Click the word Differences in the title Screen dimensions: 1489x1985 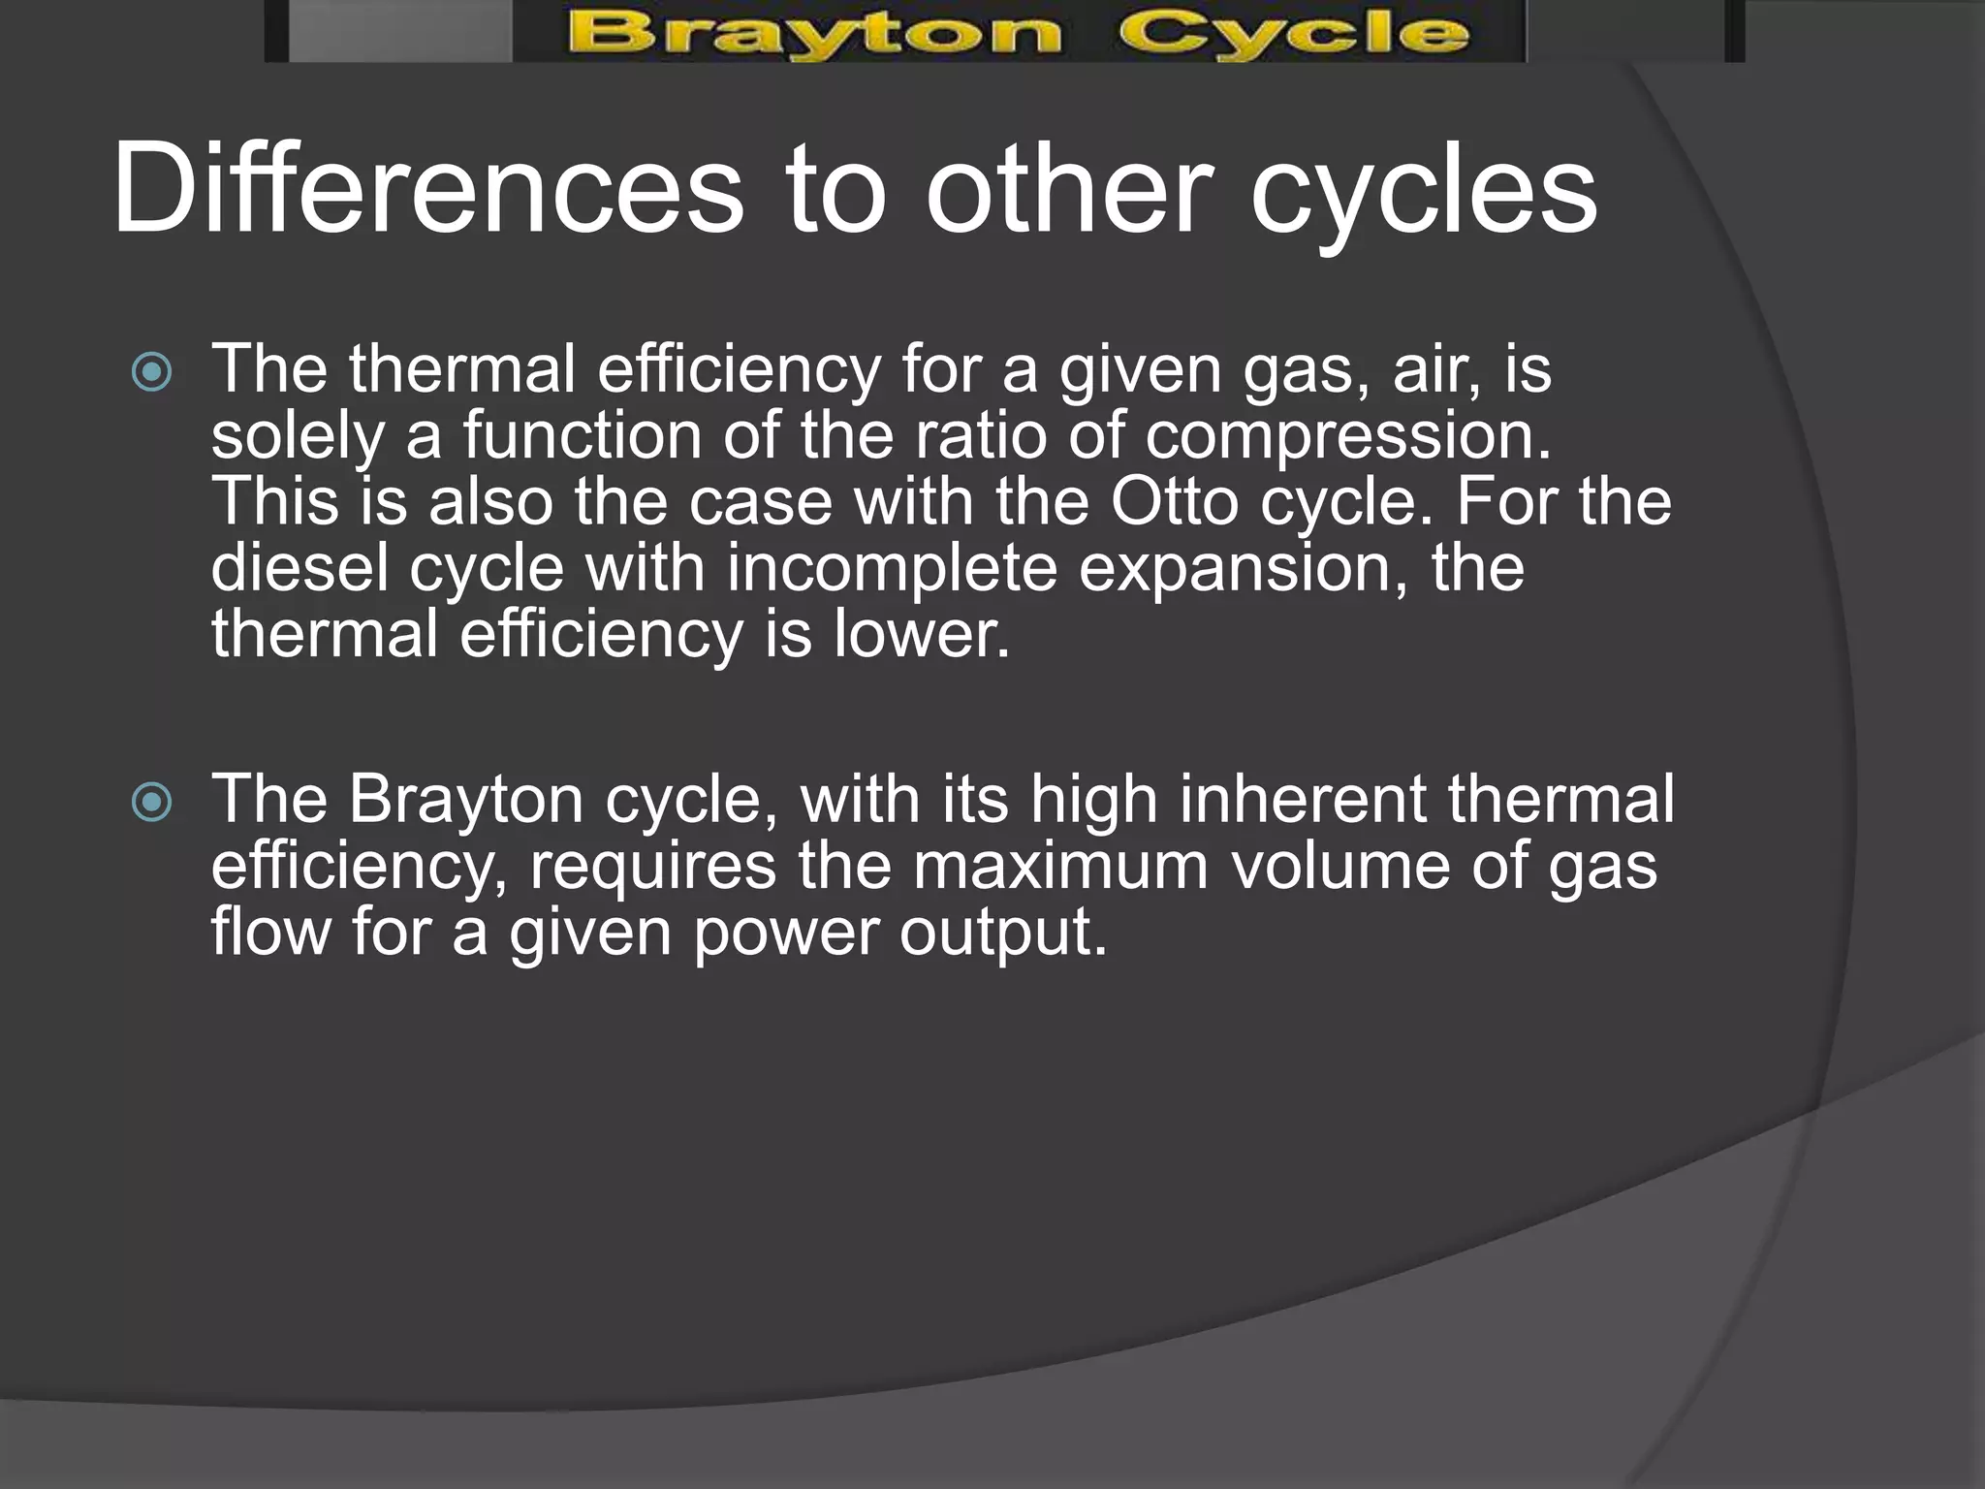coord(427,188)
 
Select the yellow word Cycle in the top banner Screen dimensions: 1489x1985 coord(1293,35)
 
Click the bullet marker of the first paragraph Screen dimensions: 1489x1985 coord(152,372)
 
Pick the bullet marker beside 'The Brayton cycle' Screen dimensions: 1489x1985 coord(152,802)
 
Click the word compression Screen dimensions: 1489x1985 coord(1347,436)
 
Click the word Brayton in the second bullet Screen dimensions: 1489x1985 coord(465,800)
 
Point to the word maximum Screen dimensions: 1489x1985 coord(1060,866)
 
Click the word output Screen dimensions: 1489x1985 coord(1002,932)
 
